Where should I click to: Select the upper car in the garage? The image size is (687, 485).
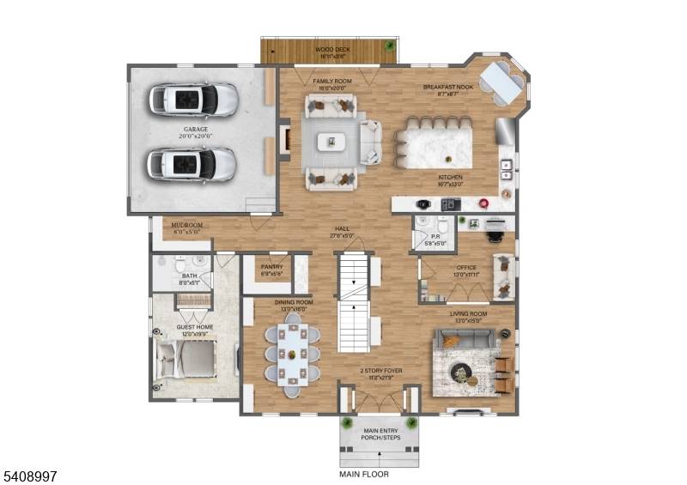[193, 99]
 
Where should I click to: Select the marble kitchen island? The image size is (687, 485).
[434, 148]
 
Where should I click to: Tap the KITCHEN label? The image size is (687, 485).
[450, 180]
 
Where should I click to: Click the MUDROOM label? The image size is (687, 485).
[186, 227]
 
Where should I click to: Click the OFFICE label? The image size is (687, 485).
[466, 270]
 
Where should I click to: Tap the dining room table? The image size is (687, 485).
[292, 352]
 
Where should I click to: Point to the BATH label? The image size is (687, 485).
[187, 278]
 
